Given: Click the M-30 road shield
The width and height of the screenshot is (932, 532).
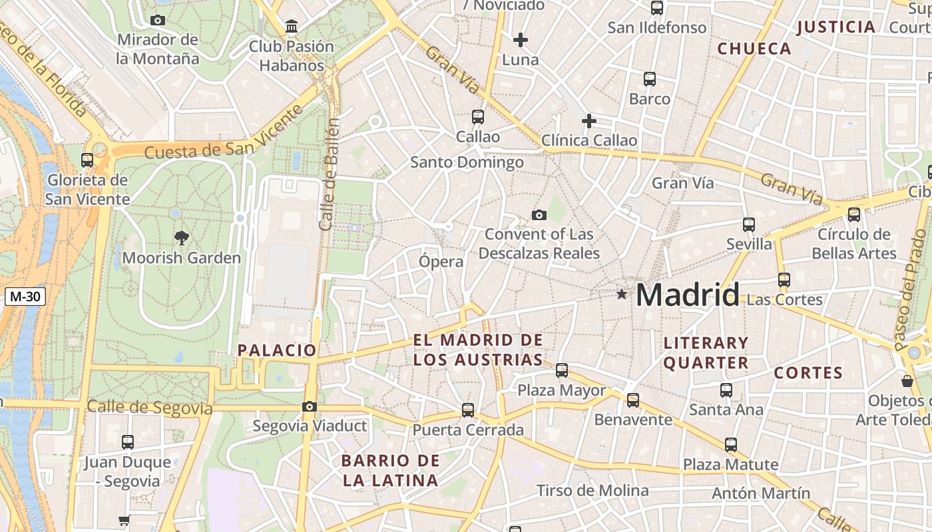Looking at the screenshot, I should [x=25, y=297].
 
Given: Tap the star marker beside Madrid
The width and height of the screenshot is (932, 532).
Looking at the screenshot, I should [x=622, y=293].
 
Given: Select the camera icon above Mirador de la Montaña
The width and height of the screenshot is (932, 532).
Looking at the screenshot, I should [x=158, y=20].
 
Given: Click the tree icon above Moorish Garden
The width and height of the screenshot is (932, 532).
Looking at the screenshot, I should [x=181, y=237].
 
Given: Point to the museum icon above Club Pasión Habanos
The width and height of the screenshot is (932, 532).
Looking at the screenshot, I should [x=292, y=27].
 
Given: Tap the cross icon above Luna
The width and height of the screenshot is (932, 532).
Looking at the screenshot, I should [x=521, y=40].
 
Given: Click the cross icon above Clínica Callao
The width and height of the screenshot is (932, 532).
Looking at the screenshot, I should [x=588, y=121].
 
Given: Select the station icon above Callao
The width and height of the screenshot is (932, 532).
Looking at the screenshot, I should [x=477, y=117].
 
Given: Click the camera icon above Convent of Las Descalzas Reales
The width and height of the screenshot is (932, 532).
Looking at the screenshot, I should [x=539, y=215].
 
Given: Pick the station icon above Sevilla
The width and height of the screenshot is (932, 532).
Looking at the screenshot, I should [x=749, y=225].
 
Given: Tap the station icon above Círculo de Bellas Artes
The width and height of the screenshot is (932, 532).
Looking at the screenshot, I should [x=854, y=215].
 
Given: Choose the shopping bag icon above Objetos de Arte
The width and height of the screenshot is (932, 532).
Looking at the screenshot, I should [x=907, y=381].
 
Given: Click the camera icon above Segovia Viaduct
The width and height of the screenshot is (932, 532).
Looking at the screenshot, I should [x=310, y=406].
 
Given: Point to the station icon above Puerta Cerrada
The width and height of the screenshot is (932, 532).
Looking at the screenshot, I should [x=468, y=410].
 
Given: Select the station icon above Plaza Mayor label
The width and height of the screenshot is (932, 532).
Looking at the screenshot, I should [x=562, y=370].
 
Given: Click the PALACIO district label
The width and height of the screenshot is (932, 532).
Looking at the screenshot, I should [x=277, y=350].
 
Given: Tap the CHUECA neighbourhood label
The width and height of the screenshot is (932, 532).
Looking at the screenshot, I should [x=754, y=49].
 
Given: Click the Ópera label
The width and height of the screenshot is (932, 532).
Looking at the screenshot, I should [x=441, y=261].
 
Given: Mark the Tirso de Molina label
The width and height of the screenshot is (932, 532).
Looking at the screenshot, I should [x=592, y=491].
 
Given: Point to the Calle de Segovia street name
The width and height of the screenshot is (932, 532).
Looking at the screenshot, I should [x=150, y=407].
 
